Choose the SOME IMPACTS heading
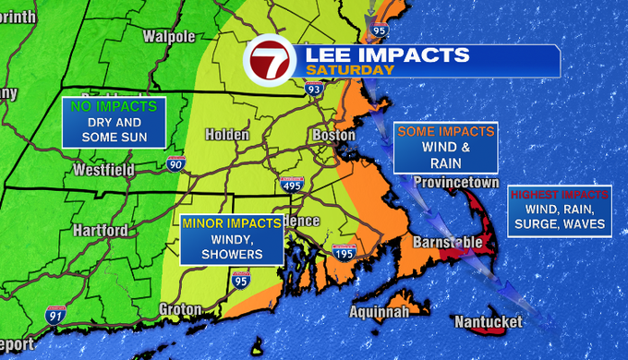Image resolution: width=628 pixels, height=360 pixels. point(446,132)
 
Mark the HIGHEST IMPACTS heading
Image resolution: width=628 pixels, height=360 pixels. point(559,195)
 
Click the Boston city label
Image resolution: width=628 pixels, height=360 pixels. point(334,135)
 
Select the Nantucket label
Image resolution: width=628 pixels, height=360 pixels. point(489,321)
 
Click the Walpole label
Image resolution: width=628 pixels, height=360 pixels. point(169,36)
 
